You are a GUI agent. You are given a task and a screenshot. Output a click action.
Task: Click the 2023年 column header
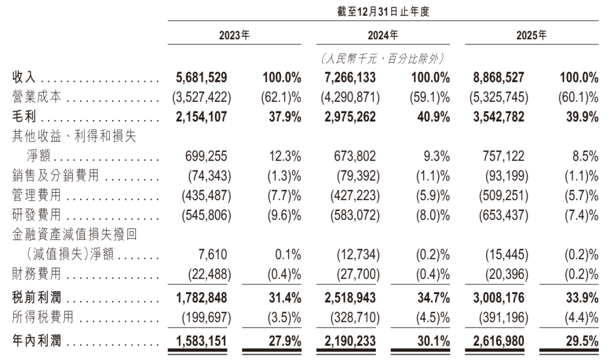tap(234, 35)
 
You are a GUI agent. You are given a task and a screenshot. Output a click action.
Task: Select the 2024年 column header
tap(383, 35)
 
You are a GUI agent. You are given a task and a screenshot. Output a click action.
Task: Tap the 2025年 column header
tap(532, 35)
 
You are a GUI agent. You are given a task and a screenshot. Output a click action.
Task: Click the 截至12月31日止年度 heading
tap(383, 11)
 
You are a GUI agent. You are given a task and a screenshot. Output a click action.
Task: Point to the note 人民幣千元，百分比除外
tap(383, 59)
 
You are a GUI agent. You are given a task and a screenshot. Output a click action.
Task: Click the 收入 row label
tap(24, 77)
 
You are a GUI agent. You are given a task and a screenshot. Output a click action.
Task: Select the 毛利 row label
tap(24, 117)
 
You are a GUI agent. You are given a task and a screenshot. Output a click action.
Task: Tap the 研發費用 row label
tap(36, 214)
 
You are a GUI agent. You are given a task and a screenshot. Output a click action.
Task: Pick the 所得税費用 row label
tap(43, 317)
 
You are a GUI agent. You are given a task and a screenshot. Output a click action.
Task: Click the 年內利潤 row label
tap(36, 341)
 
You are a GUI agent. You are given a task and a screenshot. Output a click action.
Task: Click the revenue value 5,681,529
tap(201, 77)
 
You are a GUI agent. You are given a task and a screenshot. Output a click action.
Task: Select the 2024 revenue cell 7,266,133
tap(350, 77)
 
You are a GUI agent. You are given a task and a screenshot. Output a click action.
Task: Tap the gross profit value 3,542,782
tap(499, 117)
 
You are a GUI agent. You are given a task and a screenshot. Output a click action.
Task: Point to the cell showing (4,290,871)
tap(350, 97)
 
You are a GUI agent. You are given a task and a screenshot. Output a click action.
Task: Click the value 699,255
tap(206, 156)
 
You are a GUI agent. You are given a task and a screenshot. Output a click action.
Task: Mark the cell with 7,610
tap(213, 255)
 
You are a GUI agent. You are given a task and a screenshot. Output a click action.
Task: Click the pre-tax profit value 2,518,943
tap(350, 297)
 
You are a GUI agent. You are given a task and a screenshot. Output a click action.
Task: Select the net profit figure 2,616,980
tap(499, 341)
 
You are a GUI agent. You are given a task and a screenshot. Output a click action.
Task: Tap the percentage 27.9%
tap(285, 341)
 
